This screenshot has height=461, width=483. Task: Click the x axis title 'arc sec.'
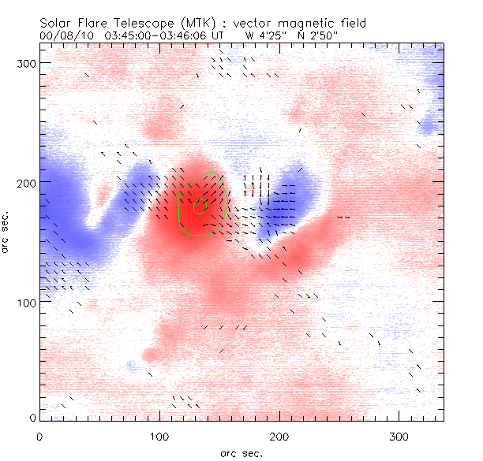241,452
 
